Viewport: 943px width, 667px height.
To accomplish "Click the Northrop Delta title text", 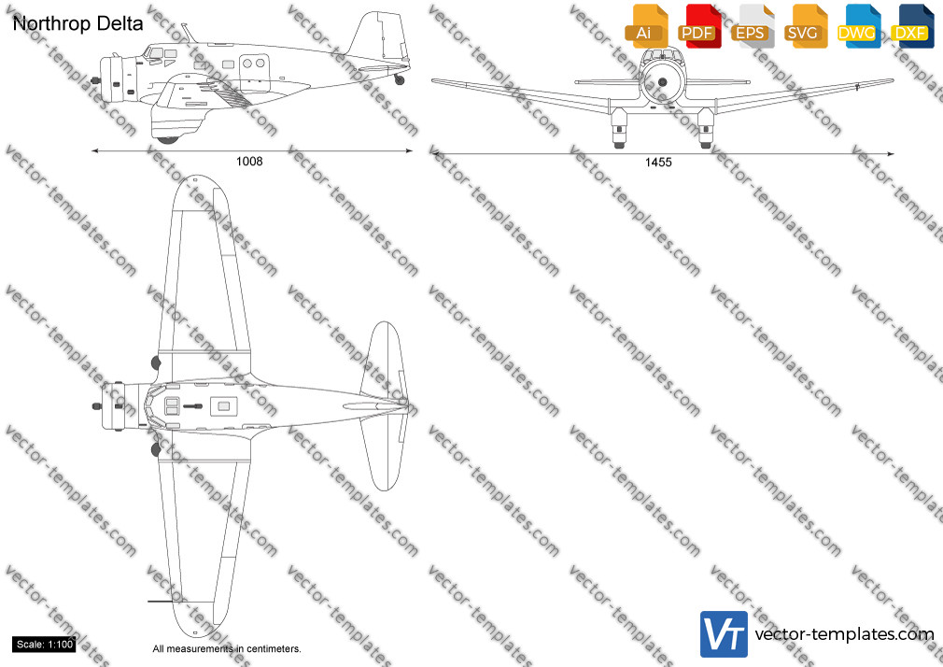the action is [x=77, y=23].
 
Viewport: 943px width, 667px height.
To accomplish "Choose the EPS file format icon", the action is [x=753, y=26].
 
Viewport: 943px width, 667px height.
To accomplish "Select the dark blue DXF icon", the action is [x=912, y=26].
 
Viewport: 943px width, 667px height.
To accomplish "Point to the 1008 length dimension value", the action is [x=249, y=161].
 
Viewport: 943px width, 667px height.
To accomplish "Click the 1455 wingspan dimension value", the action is [x=658, y=162].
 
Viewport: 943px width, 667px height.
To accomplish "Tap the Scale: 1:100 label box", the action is [x=45, y=645].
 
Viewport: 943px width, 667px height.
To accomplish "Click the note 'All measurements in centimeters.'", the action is [x=227, y=649].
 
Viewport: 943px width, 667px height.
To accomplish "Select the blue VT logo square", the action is [x=725, y=634].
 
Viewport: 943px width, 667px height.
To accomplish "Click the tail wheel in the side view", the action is [x=400, y=79].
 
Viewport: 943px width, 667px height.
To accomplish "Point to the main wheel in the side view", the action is [x=167, y=140].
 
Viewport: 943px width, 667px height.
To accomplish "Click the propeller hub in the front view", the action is [x=662, y=82].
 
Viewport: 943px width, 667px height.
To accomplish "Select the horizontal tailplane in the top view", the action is [x=385, y=405].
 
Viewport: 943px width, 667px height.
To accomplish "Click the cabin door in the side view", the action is [x=254, y=74].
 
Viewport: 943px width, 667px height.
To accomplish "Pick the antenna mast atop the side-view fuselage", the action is [x=190, y=33].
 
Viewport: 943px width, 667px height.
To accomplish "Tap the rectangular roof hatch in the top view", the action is [x=224, y=407].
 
